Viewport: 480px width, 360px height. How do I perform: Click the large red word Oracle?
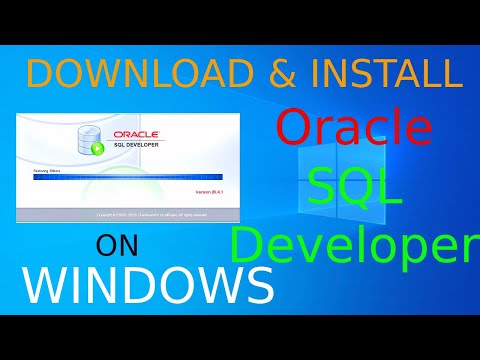pos(354,130)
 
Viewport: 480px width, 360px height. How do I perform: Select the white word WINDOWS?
pos(148,284)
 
